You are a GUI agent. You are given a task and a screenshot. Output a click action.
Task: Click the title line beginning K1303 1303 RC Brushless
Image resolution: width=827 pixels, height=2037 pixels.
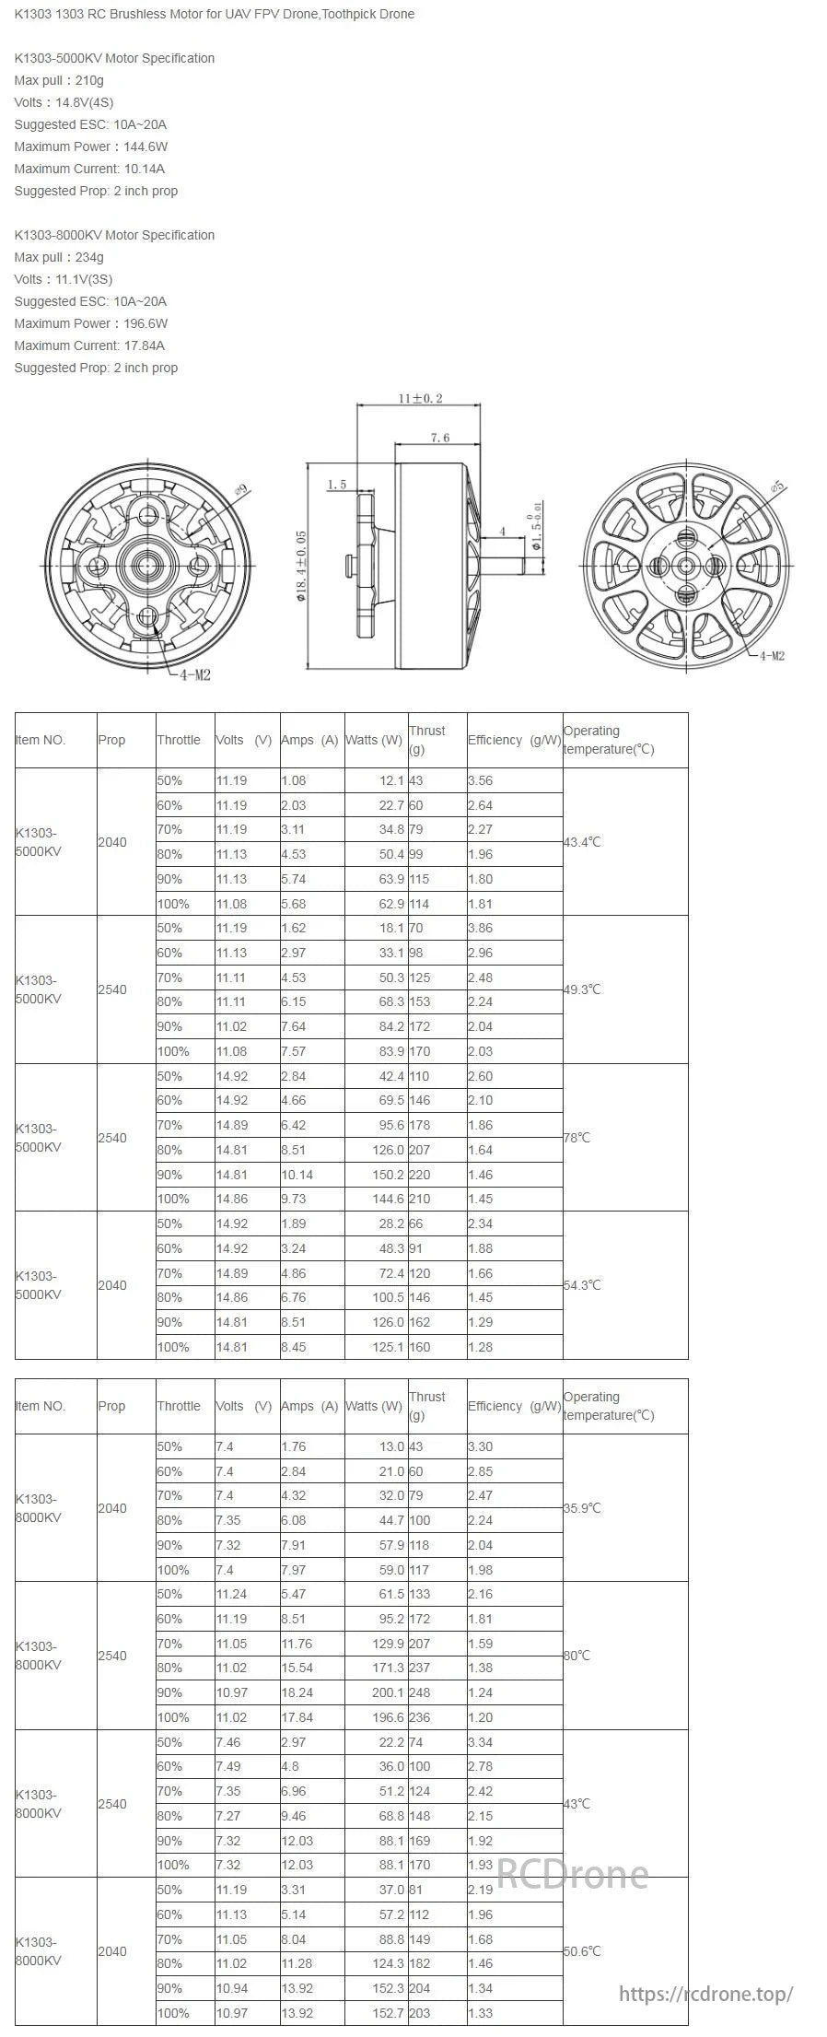click(214, 14)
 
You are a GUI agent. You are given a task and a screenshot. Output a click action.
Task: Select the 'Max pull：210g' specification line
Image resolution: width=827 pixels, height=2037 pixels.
click(59, 80)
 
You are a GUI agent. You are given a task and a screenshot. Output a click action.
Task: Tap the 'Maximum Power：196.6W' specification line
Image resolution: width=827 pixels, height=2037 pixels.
click(90, 323)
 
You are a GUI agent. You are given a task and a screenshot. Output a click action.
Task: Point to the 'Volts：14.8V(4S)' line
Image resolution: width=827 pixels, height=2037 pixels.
click(64, 102)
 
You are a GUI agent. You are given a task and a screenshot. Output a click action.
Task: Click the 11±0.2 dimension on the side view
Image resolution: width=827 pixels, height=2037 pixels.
click(420, 398)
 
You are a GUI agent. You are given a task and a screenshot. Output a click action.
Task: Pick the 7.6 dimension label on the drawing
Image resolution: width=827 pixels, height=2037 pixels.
click(440, 438)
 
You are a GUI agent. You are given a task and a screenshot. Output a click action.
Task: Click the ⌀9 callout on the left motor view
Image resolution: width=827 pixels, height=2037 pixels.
click(241, 490)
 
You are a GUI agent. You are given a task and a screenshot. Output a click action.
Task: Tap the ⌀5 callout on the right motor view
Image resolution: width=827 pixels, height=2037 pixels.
click(778, 486)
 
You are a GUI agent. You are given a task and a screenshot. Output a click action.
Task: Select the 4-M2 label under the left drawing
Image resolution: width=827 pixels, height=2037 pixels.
click(195, 674)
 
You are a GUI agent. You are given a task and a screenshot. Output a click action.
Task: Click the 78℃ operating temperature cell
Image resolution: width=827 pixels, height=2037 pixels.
click(577, 1138)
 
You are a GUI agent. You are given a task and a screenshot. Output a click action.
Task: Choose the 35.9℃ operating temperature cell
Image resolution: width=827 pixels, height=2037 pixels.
click(582, 1508)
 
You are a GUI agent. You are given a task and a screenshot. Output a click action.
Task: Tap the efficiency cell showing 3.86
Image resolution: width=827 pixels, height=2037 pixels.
click(480, 928)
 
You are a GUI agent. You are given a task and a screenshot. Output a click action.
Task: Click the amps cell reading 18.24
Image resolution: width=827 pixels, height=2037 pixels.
click(297, 1692)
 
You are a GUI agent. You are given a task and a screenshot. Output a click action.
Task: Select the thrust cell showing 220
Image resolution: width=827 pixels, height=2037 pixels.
click(420, 1175)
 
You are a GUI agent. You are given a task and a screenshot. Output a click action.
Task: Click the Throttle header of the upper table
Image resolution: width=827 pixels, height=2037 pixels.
click(179, 740)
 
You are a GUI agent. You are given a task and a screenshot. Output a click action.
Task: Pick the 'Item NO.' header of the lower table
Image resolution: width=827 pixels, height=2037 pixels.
click(41, 1406)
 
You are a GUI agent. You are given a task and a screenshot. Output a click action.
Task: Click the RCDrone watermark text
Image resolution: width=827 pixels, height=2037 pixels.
click(572, 1873)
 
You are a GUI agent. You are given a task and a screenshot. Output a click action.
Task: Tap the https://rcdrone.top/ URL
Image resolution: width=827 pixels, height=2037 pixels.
click(705, 1995)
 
